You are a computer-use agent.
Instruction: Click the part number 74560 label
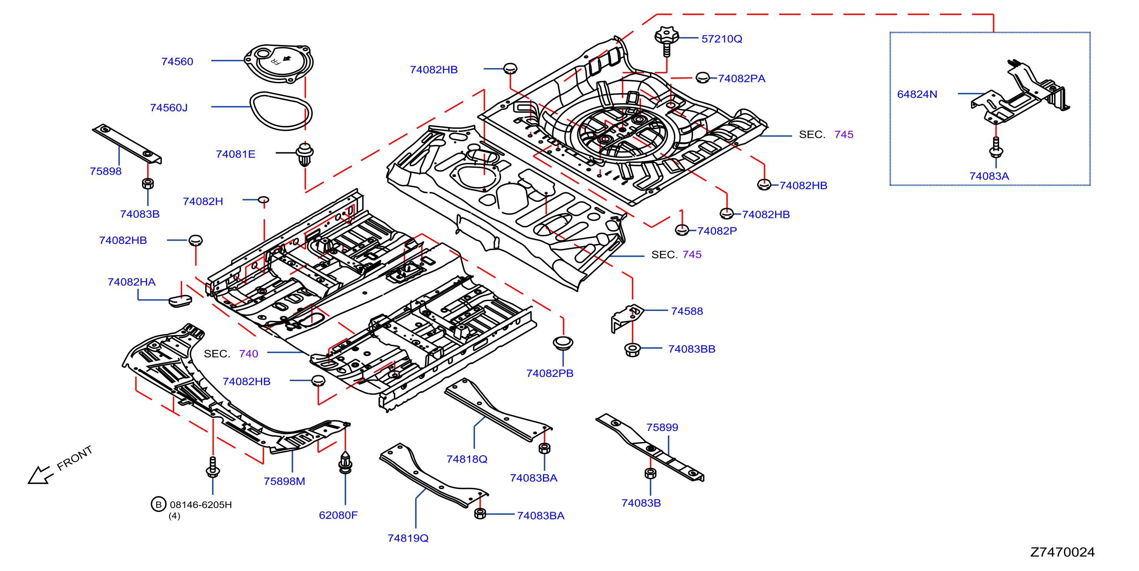(x=177, y=62)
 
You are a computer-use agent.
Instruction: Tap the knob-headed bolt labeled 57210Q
(x=666, y=41)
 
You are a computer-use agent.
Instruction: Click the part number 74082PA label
(x=742, y=78)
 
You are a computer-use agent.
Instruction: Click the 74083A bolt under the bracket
(x=996, y=148)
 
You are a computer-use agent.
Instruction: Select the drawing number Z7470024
(x=1063, y=552)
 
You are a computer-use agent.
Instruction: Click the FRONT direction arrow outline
(x=40, y=476)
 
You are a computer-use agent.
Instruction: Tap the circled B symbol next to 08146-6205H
(x=158, y=504)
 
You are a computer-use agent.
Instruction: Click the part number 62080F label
(x=338, y=515)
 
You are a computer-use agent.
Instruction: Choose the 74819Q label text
(x=408, y=538)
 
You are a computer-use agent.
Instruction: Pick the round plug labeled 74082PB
(x=563, y=342)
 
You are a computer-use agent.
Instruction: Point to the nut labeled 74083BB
(x=632, y=350)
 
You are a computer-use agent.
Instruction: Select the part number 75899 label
(x=662, y=427)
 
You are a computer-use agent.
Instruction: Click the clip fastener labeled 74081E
(x=305, y=154)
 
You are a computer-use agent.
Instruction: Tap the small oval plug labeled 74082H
(x=263, y=200)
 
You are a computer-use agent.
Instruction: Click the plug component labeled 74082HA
(x=180, y=301)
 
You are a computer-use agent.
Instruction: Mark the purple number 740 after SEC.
(x=249, y=354)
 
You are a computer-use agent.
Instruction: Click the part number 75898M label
(x=284, y=481)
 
